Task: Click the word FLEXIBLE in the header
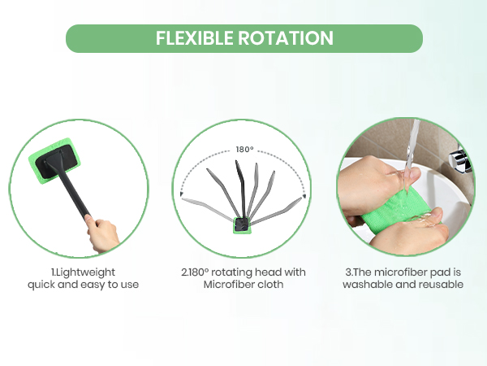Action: [x=195, y=38]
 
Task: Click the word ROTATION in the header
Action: [x=286, y=38]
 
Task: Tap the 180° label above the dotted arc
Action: [x=245, y=150]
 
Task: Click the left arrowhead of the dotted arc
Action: [x=182, y=194]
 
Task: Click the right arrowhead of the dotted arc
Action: [x=304, y=196]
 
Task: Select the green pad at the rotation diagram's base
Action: [x=242, y=225]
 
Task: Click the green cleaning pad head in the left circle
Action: [x=54, y=161]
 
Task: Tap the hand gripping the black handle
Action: [x=101, y=233]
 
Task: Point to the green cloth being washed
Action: [x=396, y=209]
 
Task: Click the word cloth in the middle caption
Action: [x=271, y=285]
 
